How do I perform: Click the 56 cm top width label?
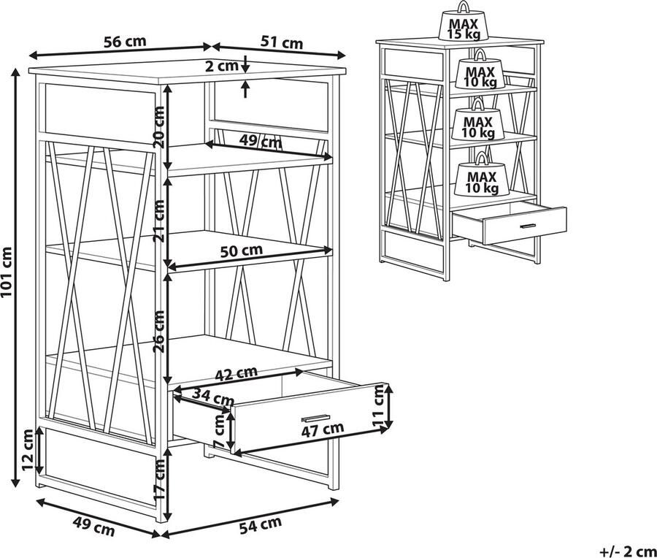125,42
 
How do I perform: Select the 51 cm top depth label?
281,43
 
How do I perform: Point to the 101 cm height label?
8,278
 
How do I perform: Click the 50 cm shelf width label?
241,251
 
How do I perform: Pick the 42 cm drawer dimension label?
236,375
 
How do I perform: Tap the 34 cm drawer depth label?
212,399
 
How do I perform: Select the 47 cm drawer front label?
321,429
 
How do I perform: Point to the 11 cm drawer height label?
378,406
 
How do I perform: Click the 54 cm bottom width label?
261,523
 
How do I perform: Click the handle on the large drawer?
315,417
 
